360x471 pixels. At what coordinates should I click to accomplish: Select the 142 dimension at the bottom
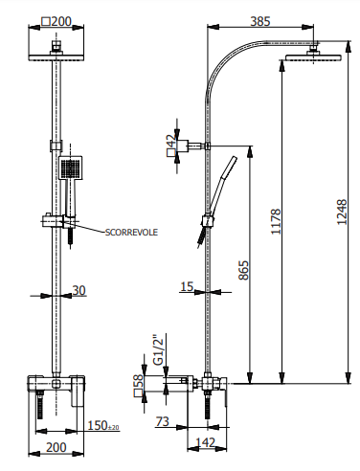[x=202, y=442]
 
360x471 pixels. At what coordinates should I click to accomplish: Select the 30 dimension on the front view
[x=79, y=290]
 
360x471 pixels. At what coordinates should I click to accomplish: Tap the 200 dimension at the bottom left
[x=56, y=447]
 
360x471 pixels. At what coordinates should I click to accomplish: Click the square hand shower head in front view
[x=72, y=170]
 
